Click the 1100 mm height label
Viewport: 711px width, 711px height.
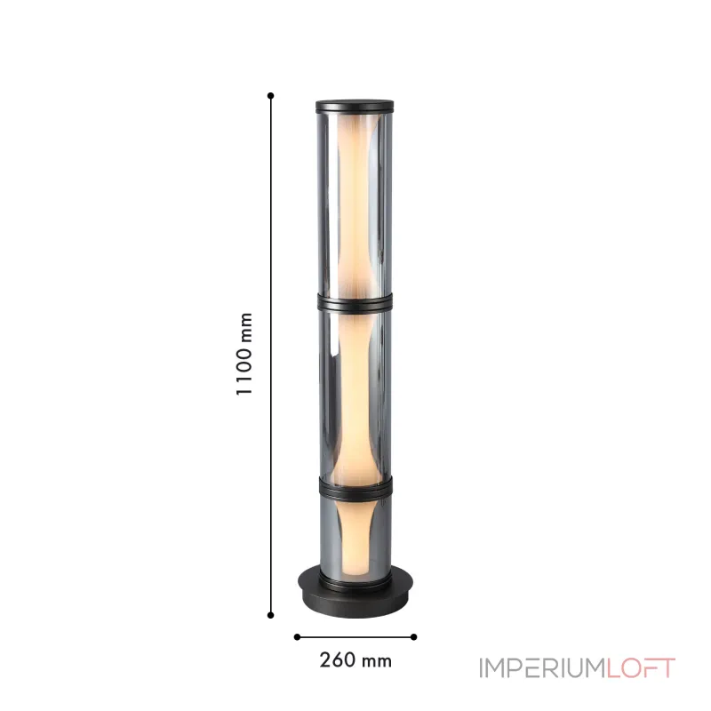(x=244, y=354)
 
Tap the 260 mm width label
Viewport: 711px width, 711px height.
(x=355, y=660)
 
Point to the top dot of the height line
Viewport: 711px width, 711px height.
(x=271, y=96)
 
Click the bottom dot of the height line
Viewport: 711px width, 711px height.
(x=271, y=615)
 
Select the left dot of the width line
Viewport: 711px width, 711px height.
(x=297, y=637)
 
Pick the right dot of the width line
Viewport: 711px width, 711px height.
(x=413, y=637)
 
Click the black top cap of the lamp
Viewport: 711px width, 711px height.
(x=355, y=106)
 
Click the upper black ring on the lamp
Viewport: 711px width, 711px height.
(x=355, y=302)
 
